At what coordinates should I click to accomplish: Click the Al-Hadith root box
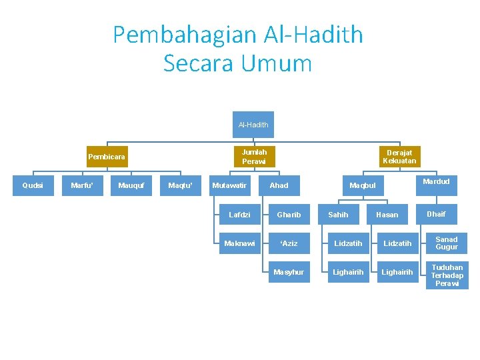[x=253, y=125]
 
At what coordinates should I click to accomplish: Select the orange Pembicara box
[x=107, y=157]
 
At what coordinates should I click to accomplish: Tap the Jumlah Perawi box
[x=253, y=157]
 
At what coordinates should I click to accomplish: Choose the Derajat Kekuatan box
[x=400, y=157]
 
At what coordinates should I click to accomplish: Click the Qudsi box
[x=33, y=185]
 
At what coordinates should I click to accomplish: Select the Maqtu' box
[x=181, y=185]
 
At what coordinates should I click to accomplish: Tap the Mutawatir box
[x=229, y=185]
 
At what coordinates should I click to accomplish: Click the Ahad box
[x=279, y=185]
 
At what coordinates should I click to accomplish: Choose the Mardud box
[x=436, y=181]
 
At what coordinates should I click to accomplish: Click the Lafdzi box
[x=239, y=215]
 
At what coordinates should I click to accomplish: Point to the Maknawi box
[x=239, y=243]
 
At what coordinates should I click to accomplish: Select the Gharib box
[x=289, y=215]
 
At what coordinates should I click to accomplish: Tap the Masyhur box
[x=289, y=272]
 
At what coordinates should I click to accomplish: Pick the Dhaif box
[x=436, y=214]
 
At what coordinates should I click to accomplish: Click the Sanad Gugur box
[x=447, y=243]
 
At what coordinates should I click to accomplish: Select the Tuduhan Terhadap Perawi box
[x=447, y=275]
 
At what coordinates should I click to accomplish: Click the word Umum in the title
[x=277, y=64]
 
